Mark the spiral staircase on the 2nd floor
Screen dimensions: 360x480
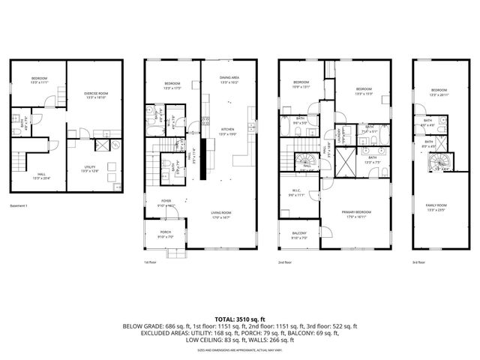(307, 163)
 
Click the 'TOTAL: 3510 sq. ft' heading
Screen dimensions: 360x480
(240, 319)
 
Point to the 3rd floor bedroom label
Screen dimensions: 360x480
(439, 92)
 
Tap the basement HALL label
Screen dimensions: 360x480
(40, 176)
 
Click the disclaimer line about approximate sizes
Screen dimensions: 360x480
(240, 350)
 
